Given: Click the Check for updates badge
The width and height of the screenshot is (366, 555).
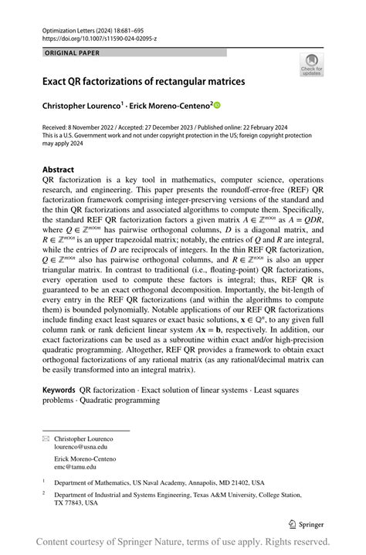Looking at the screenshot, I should click(x=311, y=65).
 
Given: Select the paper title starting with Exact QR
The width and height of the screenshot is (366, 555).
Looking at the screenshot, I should click(x=144, y=80).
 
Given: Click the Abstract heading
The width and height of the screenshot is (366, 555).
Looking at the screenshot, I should click(x=59, y=169).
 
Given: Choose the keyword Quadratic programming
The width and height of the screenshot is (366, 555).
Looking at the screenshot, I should click(x=114, y=400).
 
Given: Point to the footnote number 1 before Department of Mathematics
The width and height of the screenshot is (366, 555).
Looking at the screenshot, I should click(x=45, y=480).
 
